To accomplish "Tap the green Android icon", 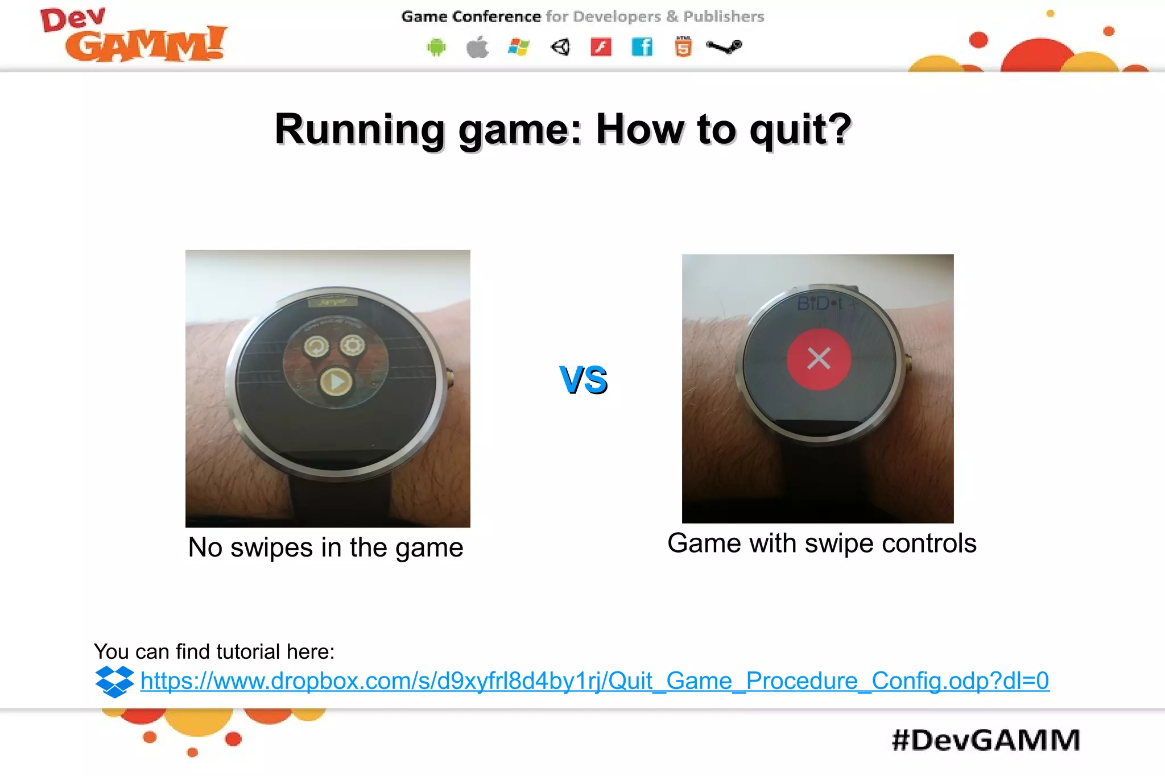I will [x=436, y=47].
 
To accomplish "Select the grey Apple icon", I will [x=477, y=47].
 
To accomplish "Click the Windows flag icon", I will [x=518, y=47].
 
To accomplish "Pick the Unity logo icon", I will [x=560, y=47].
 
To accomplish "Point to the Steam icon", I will [x=724, y=47].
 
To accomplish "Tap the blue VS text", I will [x=584, y=380].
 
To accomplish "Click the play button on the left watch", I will [x=336, y=382].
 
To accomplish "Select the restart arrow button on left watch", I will [x=316, y=346].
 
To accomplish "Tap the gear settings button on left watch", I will [x=353, y=345].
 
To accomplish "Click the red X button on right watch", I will [x=819, y=359].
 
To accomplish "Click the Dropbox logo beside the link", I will [x=114, y=681].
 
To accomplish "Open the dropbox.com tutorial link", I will [x=594, y=681].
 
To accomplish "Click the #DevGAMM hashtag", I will [x=986, y=740].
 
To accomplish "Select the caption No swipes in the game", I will [x=325, y=547].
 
